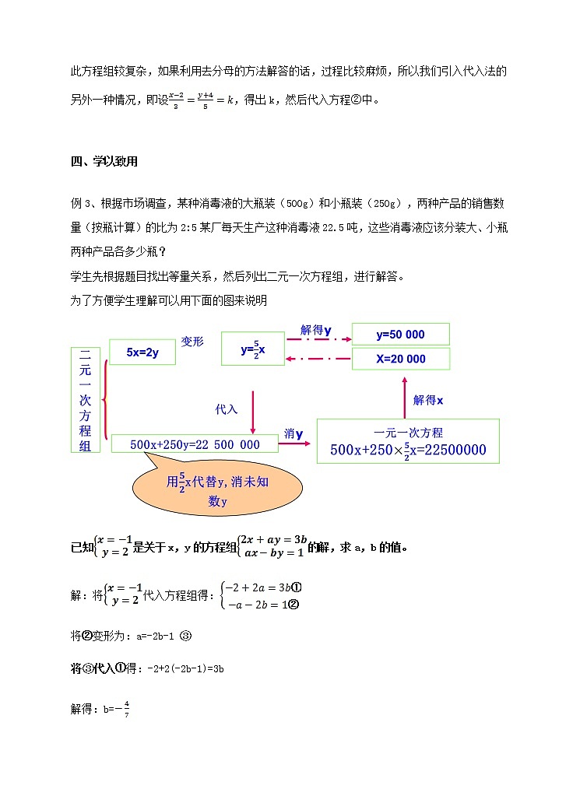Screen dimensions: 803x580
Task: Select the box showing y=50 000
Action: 400,334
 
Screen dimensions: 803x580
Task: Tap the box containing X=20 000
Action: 400,359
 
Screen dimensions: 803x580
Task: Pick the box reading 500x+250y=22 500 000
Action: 195,444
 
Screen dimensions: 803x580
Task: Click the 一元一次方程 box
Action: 408,441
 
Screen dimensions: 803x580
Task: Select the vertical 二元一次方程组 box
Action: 85,399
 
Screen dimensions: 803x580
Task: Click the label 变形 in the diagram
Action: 192,341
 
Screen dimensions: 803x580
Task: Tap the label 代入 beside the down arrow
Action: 227,409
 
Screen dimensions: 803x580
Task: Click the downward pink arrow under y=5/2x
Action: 252,405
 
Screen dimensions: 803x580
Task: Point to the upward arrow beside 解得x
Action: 405,398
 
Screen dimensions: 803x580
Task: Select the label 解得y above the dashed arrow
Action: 316,330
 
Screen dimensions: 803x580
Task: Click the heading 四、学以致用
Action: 104,162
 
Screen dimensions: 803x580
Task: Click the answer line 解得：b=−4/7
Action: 100,709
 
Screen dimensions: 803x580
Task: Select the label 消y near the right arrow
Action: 294,434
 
